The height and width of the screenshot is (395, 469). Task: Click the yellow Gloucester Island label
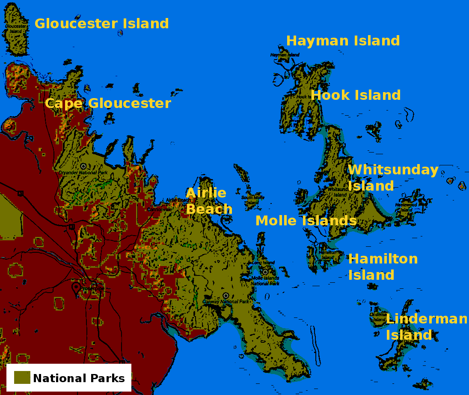(x=101, y=24)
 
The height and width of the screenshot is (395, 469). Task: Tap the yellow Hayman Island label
(x=343, y=41)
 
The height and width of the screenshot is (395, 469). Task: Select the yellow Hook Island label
(x=356, y=95)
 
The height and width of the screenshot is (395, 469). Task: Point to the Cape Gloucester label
(x=108, y=103)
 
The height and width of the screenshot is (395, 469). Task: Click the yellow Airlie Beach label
(x=208, y=201)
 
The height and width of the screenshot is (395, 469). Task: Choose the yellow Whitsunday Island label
(x=392, y=178)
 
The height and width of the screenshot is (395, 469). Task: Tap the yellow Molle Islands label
(x=306, y=221)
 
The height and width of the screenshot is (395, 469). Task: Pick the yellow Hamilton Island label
(x=383, y=267)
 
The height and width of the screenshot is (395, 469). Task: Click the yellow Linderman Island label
(x=426, y=327)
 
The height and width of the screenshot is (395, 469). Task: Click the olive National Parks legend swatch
(x=22, y=377)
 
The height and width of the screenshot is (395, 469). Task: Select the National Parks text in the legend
(x=79, y=378)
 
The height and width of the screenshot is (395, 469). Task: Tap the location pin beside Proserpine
(x=76, y=288)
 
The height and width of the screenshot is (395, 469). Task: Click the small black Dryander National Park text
(x=83, y=173)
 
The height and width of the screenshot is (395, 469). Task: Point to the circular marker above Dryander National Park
(x=83, y=166)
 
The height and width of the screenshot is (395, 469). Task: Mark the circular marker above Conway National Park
(x=226, y=296)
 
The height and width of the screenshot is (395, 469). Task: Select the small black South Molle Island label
(x=252, y=200)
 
